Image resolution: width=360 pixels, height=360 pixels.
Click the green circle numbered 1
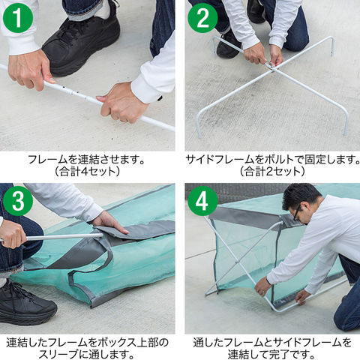point(18,18)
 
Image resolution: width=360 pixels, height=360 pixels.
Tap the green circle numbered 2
point(202,18)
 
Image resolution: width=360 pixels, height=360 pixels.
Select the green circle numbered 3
point(18,201)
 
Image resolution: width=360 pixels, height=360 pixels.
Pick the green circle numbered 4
point(202,201)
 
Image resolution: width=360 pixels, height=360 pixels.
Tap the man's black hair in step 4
point(300,196)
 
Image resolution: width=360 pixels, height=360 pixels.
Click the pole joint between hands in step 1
point(73,92)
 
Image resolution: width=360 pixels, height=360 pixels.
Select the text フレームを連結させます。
point(87,159)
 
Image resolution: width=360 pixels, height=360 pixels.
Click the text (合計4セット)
point(87,172)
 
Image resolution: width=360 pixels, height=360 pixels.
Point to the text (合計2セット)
point(272,172)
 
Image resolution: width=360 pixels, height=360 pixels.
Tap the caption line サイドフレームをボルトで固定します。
point(272,159)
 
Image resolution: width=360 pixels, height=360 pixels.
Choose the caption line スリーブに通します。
point(87,355)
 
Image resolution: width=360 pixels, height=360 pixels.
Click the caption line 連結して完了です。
point(272,355)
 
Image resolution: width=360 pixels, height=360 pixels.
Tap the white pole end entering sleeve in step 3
point(100,235)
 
